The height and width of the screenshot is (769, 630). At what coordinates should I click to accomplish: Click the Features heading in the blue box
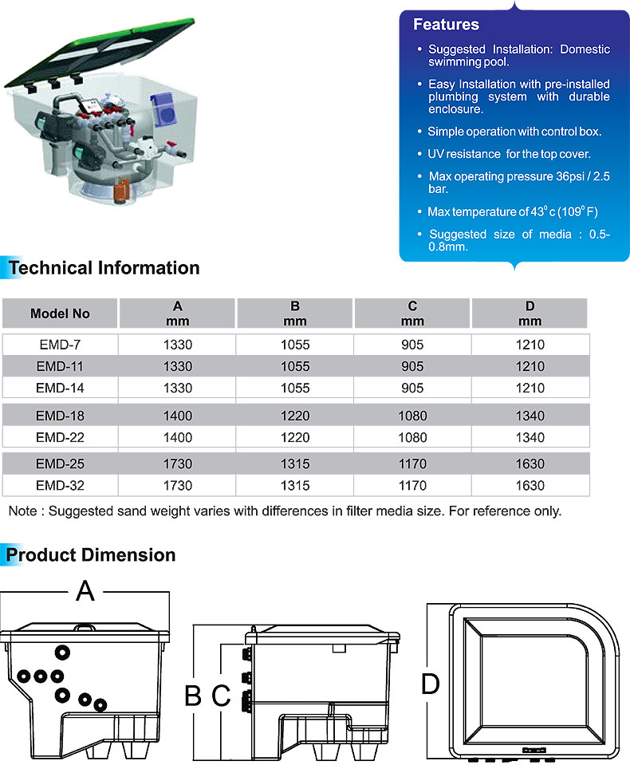[x=446, y=25]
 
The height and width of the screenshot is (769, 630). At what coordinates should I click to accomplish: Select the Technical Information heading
[x=104, y=268]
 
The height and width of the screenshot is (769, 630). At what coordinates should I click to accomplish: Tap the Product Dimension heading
[x=92, y=554]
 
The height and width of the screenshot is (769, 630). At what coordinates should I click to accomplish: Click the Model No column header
[x=60, y=314]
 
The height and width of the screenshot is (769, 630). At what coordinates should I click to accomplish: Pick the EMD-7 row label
[x=60, y=345]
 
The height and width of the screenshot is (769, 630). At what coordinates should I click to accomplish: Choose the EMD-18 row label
[x=60, y=416]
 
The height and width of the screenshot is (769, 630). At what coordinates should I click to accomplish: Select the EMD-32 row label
[x=60, y=485]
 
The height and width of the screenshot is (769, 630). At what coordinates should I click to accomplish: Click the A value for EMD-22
[x=177, y=437]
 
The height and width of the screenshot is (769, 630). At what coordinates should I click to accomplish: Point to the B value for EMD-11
[x=295, y=367]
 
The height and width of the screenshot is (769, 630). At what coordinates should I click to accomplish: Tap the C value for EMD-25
[x=412, y=463]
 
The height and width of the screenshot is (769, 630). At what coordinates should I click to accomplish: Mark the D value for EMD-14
[x=530, y=388]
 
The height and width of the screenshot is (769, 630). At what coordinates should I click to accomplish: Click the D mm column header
[x=530, y=314]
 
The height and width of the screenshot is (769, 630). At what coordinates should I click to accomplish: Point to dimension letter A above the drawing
[x=85, y=592]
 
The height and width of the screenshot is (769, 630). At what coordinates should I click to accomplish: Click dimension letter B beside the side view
[x=193, y=696]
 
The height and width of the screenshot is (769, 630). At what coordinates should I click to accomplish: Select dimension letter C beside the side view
[x=221, y=696]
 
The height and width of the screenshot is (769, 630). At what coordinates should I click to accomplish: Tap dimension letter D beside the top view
[x=430, y=684]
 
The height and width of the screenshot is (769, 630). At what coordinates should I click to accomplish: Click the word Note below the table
[x=22, y=511]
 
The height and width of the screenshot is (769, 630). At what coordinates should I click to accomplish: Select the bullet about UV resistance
[x=509, y=153]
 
